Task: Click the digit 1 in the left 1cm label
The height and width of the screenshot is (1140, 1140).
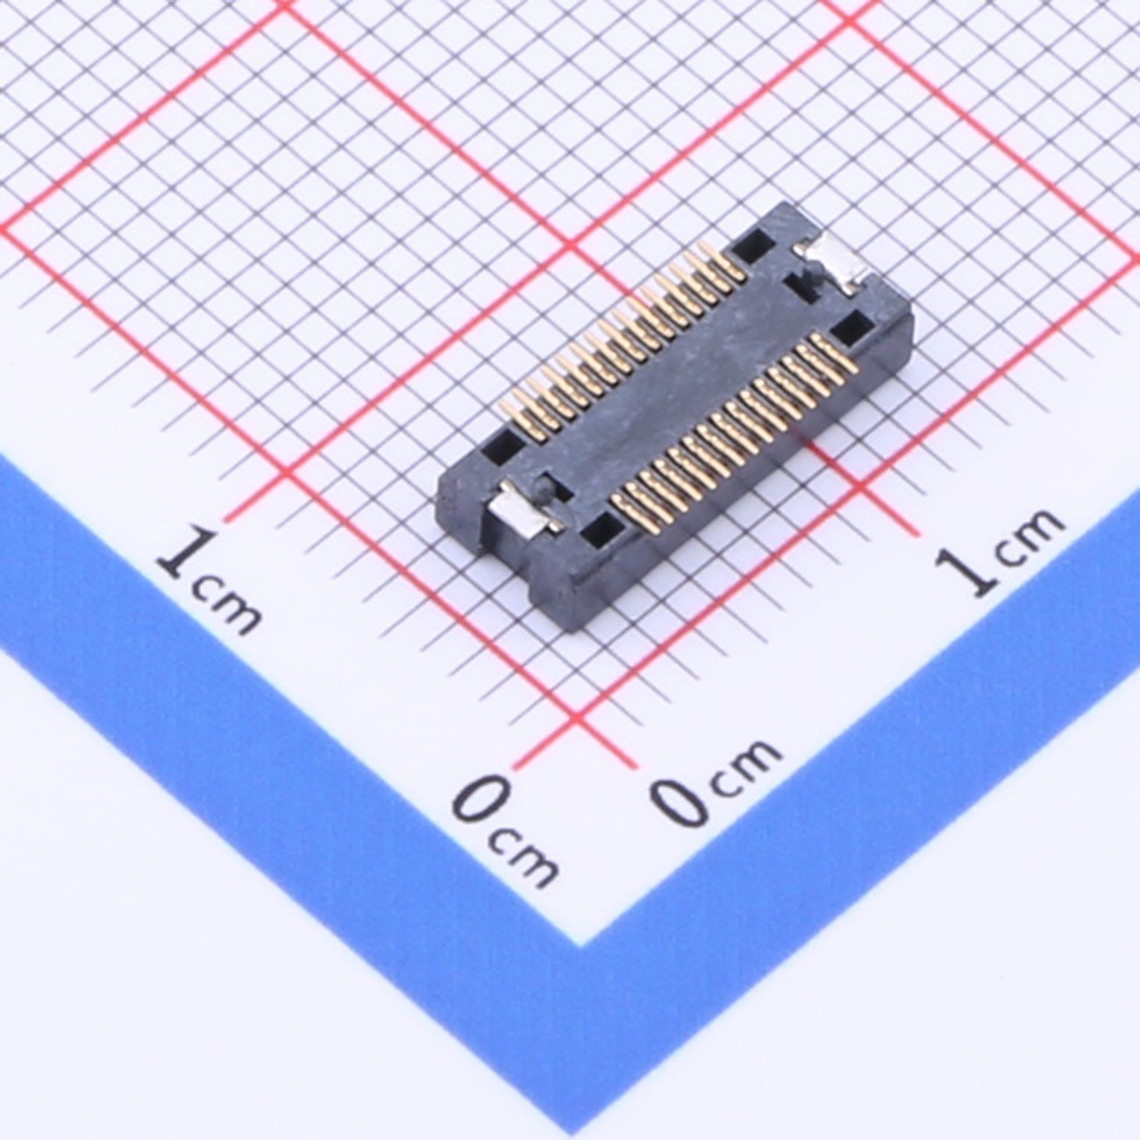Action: pos(189,555)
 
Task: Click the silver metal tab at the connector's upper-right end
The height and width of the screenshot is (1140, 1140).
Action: pos(832,267)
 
